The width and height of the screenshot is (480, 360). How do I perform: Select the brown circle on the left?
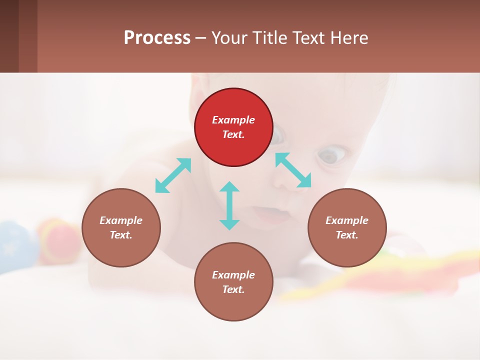click(x=121, y=227)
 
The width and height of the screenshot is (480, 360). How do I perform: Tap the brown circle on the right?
click(x=347, y=227)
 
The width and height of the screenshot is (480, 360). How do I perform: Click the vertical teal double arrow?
click(x=229, y=205)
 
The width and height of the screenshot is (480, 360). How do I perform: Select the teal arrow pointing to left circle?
click(x=173, y=175)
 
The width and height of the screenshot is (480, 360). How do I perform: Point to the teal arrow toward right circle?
click(x=293, y=170)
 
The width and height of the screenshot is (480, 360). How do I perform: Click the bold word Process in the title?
click(x=157, y=37)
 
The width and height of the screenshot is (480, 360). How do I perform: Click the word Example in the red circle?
click(x=233, y=120)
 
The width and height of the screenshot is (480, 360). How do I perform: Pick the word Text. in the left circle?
click(x=121, y=235)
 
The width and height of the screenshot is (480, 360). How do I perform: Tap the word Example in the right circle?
click(x=347, y=220)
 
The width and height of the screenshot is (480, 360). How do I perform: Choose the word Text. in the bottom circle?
click(x=233, y=289)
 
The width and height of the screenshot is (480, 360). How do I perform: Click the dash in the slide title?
click(x=200, y=38)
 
